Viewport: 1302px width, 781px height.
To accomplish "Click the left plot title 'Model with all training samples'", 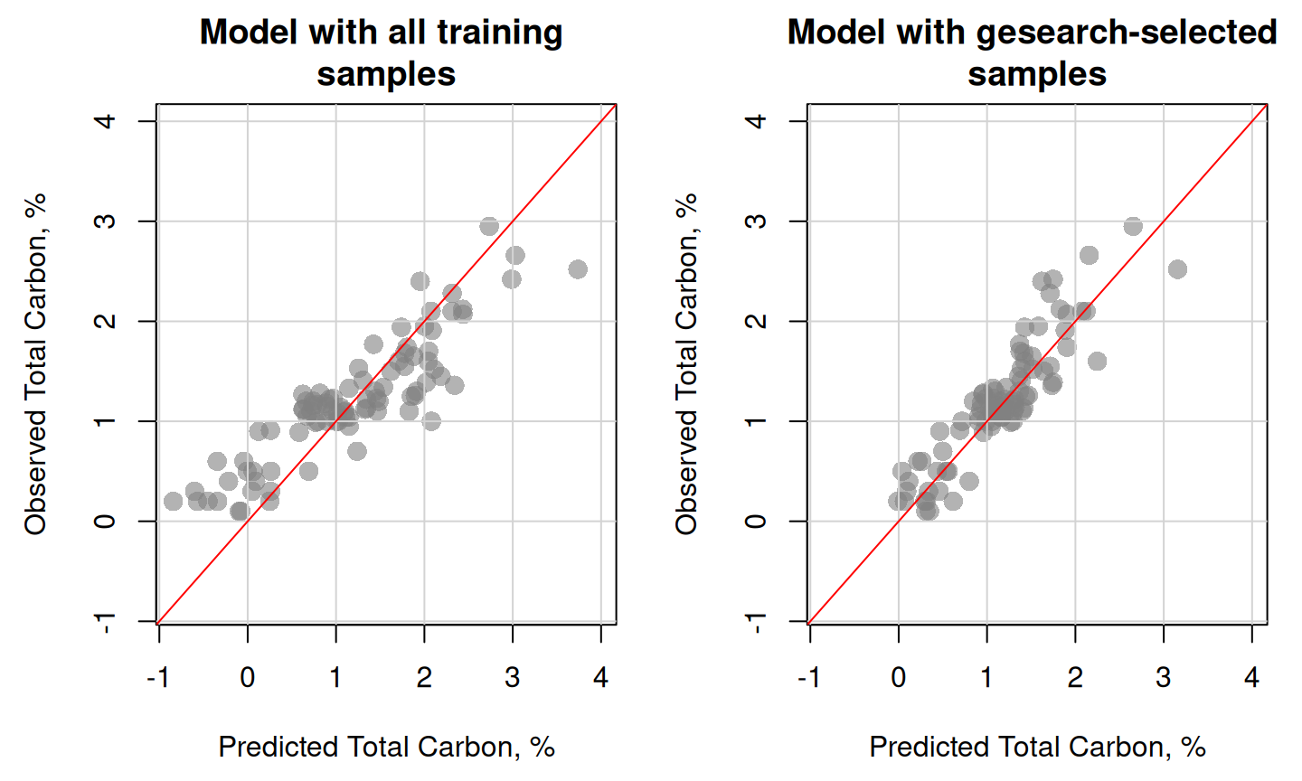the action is [382, 52].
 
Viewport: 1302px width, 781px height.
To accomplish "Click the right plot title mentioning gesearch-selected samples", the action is [1033, 52].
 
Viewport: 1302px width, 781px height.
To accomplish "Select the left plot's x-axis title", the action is [387, 747].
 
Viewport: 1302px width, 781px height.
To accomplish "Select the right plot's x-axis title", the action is [1038, 747].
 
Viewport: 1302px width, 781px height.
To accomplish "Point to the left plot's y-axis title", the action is [35, 364].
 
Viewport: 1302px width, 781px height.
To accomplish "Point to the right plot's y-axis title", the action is [686, 364].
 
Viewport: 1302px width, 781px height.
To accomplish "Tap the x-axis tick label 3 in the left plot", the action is [512, 678].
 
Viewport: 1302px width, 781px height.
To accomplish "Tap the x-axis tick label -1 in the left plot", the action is [158, 678].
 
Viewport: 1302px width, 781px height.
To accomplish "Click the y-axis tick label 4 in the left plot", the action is [105, 121].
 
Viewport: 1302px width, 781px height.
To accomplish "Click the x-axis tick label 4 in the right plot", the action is [1251, 678].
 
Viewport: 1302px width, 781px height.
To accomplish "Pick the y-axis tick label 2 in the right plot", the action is [756, 321].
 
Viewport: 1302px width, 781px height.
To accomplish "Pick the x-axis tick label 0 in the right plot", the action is [899, 678].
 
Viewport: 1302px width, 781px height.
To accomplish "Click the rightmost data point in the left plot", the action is [577, 269].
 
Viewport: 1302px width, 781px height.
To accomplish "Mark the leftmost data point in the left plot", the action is [173, 501].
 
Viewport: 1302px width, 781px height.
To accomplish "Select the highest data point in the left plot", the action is [489, 226].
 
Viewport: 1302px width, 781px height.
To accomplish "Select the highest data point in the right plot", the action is [1133, 226].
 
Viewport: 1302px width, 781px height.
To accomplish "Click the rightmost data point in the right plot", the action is [1177, 269].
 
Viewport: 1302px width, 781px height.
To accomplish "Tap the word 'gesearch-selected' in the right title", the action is [1127, 33].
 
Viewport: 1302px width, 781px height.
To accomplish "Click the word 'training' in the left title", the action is [500, 33].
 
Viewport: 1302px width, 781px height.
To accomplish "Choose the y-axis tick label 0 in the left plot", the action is [105, 522].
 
